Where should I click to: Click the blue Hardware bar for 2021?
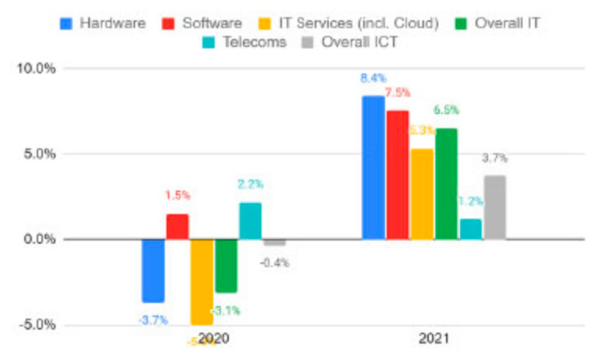(x=373, y=167)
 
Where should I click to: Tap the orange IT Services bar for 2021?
(x=423, y=194)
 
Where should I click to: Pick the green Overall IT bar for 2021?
(x=447, y=184)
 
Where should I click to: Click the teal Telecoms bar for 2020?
(x=251, y=221)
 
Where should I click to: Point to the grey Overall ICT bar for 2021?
(x=495, y=208)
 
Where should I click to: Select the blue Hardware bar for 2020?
(x=153, y=270)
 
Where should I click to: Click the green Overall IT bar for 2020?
(x=227, y=266)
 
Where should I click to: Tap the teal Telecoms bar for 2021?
(x=471, y=229)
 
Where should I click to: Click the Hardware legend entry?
(x=103, y=23)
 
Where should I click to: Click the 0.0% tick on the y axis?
(x=38, y=239)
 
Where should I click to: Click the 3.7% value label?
(x=495, y=158)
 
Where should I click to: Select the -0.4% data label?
(x=275, y=262)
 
